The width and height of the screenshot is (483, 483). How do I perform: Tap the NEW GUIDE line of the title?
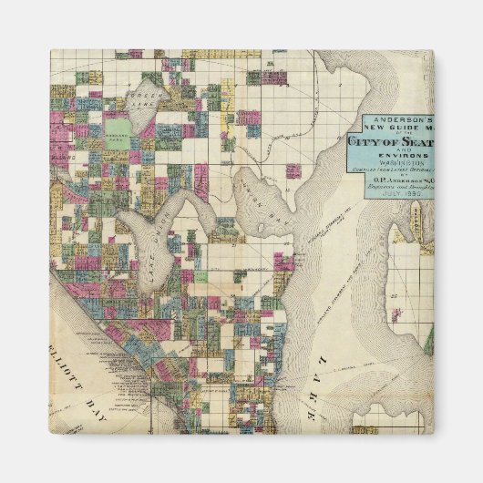[x=394, y=128]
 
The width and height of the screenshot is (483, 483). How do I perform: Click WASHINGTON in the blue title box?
[x=392, y=165]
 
